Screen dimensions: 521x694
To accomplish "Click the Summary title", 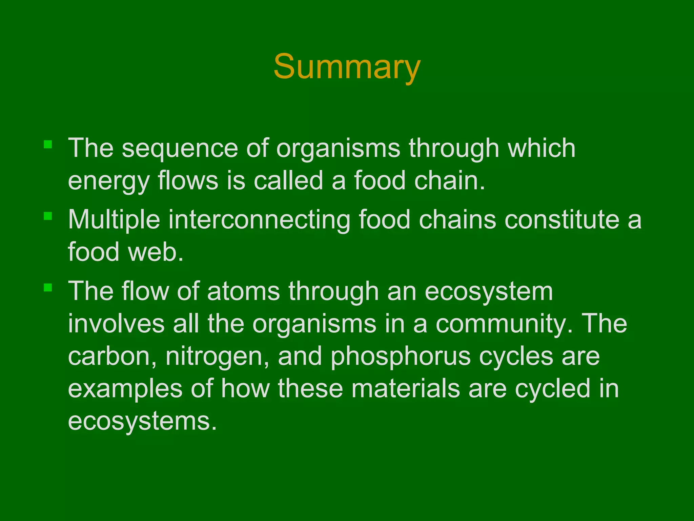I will coord(347,67).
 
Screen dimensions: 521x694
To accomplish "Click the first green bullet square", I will coord(48,145).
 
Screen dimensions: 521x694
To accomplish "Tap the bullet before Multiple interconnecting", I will coord(48,216).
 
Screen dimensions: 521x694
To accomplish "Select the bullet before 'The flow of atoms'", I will coord(48,288).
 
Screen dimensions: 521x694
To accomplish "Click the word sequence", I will coord(180,149).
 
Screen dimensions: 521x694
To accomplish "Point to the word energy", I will coord(108,182).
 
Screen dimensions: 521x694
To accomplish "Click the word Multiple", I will coord(114,220).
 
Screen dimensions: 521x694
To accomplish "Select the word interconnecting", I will coord(259,220).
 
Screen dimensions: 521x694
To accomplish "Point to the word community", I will coord(504,324).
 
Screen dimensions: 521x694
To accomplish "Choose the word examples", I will coord(125,389).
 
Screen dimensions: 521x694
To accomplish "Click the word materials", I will coord(406,389).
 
